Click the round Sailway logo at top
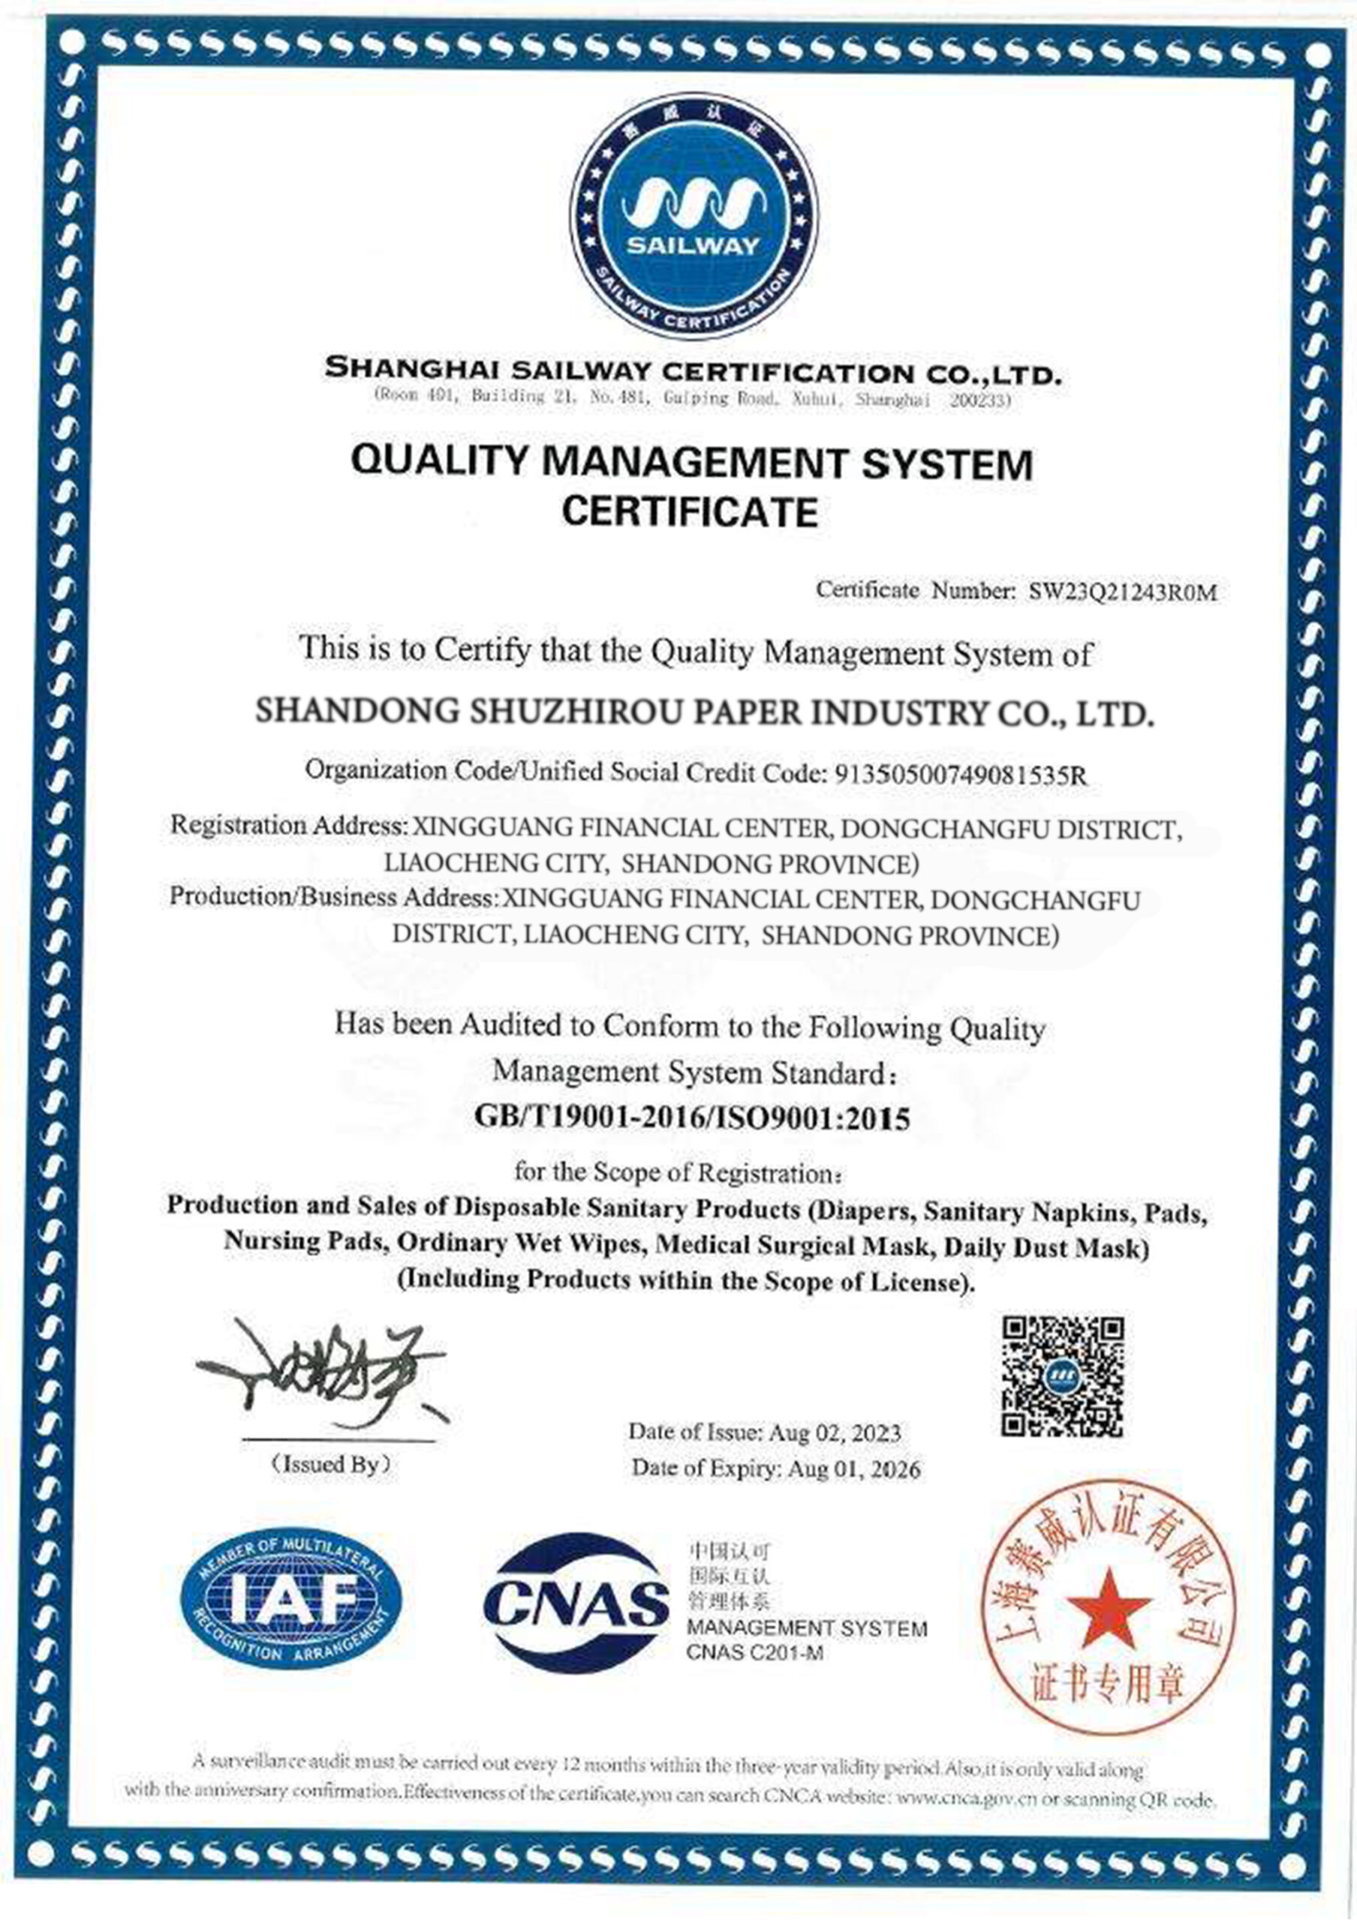694,215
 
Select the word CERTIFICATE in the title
691,511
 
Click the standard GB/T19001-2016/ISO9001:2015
691,1117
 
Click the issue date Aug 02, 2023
834,1432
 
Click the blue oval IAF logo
290,1599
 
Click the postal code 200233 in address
979,400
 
